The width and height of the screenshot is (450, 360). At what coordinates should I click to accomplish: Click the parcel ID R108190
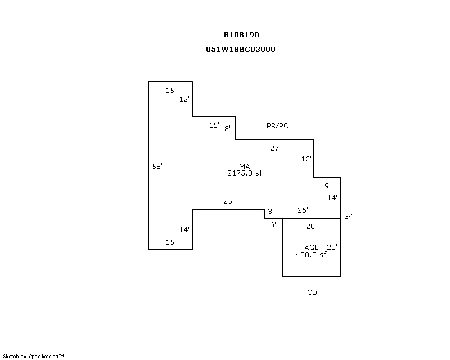(241, 35)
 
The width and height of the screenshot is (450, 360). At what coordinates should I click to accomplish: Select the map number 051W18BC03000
(241, 49)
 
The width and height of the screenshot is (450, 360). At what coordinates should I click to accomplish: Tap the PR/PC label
(277, 126)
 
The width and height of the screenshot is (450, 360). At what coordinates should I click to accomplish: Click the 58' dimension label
(157, 166)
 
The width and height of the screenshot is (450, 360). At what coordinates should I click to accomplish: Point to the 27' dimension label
(275, 148)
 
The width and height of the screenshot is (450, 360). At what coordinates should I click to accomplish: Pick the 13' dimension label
(306, 159)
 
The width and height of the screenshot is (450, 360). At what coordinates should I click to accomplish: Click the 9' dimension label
(327, 186)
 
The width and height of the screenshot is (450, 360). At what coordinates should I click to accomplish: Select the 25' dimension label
(228, 201)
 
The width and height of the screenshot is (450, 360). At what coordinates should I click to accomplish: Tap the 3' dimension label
(271, 211)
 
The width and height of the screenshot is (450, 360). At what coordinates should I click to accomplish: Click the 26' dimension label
(303, 210)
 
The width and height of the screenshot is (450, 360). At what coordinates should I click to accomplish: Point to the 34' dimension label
(349, 216)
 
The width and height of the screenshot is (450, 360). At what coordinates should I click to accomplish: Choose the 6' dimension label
(273, 224)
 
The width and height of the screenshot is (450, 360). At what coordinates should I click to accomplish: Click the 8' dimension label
(227, 128)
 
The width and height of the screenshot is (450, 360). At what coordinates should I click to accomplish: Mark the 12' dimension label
(184, 100)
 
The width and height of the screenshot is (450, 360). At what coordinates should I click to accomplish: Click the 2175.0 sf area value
(245, 173)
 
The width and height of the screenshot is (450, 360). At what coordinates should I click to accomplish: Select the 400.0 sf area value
(312, 254)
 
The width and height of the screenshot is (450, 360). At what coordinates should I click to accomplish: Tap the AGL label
(312, 247)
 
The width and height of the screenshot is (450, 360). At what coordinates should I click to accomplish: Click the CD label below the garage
(312, 292)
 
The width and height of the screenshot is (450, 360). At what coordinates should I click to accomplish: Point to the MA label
(245, 166)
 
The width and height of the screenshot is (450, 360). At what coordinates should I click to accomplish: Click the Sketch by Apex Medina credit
(33, 357)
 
